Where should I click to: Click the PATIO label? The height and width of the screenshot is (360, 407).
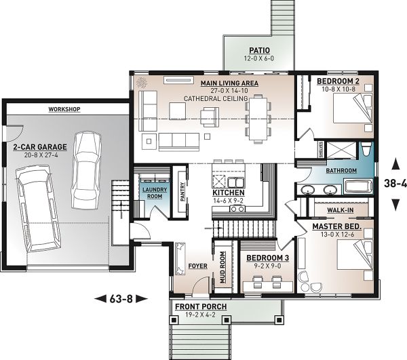(x=259, y=50)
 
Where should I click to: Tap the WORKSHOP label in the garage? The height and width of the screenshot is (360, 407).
(x=64, y=109)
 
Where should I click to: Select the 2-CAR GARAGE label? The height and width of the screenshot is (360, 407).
(x=40, y=147)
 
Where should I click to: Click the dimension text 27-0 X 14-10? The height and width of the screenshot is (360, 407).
(x=229, y=91)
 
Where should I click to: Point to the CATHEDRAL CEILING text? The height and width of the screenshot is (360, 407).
(x=216, y=99)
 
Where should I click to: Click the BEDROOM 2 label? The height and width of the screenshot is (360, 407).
(x=338, y=81)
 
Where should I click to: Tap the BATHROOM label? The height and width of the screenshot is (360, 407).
(x=341, y=171)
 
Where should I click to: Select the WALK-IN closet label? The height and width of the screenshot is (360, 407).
(x=340, y=210)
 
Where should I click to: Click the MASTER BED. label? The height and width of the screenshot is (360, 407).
(x=337, y=226)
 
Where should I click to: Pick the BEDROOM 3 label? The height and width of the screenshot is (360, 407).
(x=268, y=258)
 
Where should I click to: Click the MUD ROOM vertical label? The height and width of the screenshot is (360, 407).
(x=222, y=267)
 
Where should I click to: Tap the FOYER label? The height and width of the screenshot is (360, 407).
(x=198, y=266)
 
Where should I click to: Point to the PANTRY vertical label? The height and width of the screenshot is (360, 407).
(x=182, y=191)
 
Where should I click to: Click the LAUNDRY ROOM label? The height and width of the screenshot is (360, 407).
(x=155, y=193)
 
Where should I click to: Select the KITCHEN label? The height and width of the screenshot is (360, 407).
(x=229, y=193)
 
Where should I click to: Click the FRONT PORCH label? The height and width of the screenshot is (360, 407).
(x=201, y=306)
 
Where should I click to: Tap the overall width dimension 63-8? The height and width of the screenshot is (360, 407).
(x=121, y=299)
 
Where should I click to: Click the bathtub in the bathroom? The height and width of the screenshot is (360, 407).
(x=358, y=186)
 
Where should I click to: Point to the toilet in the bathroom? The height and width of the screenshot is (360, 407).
(x=366, y=149)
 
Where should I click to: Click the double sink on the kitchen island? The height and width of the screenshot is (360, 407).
(x=236, y=182)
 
